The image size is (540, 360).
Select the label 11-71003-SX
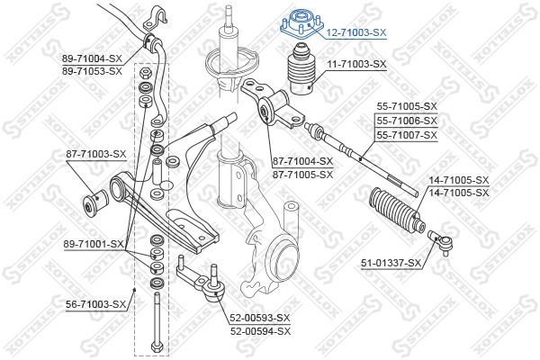[355, 65]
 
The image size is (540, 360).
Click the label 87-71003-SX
[94, 154]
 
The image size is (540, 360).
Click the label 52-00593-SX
[259, 318]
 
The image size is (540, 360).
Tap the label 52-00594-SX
[259, 329]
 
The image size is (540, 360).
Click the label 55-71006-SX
[406, 121]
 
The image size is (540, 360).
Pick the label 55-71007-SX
[406, 134]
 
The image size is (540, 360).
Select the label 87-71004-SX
[302, 161]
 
